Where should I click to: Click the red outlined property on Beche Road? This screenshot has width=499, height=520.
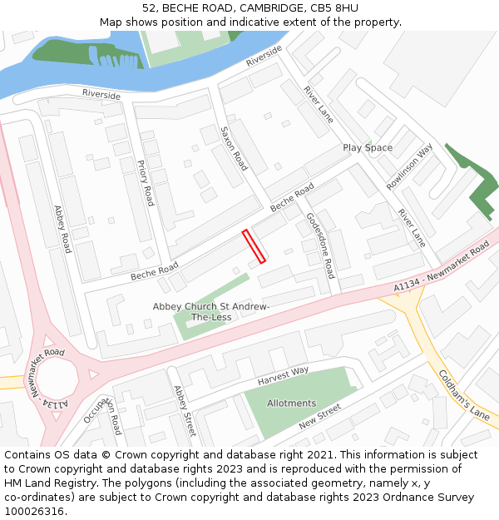[254, 246]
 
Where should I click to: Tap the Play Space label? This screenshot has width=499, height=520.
[368, 148]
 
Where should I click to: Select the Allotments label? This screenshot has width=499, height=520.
[291, 404]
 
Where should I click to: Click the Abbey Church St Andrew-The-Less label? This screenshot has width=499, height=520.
[211, 312]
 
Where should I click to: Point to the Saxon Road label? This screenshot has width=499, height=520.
[234, 149]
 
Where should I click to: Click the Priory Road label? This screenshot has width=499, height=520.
[146, 183]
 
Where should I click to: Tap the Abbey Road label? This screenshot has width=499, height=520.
[62, 230]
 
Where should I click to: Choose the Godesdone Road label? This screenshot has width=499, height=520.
[320, 245]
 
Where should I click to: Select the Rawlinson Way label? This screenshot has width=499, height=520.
[409, 166]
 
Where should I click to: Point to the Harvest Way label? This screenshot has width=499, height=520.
[283, 375]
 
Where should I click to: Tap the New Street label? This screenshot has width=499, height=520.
[320, 416]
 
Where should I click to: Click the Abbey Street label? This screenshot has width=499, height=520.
[184, 410]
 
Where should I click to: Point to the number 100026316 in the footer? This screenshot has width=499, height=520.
[33, 511]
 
